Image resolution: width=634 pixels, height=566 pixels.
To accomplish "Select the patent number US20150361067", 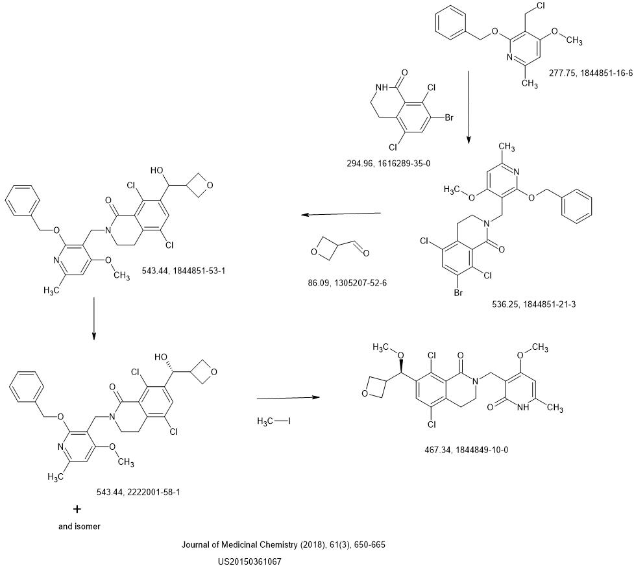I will pos(250,561).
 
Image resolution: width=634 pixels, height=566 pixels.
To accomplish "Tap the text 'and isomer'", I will pos(79,526).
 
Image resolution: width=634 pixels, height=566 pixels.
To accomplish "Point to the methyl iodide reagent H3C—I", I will pos(273,421).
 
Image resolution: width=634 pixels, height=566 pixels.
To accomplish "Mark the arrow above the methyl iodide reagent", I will pos(289,397).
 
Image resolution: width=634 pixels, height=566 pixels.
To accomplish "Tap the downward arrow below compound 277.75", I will pos(469,106).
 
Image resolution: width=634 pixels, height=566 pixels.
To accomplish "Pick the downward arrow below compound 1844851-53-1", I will pos(94,318).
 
